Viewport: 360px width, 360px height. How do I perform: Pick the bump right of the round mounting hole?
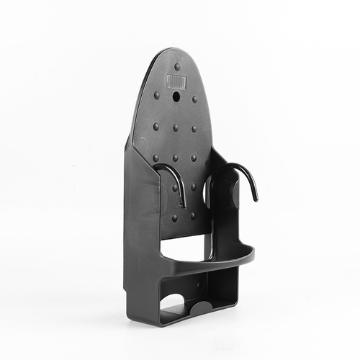(194, 100)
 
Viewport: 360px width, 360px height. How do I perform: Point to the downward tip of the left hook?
(183, 205)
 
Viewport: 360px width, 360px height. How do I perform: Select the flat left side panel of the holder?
(141, 230)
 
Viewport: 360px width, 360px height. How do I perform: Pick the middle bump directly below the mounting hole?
(175, 127)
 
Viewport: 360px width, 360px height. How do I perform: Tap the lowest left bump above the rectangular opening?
(174, 216)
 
